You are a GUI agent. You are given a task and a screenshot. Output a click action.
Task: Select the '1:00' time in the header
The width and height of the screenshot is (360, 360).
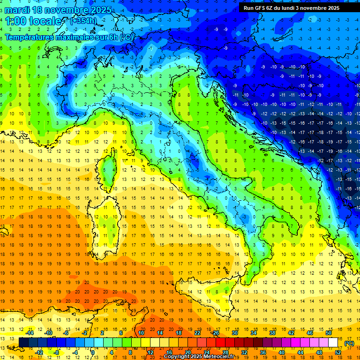[x=15, y=22]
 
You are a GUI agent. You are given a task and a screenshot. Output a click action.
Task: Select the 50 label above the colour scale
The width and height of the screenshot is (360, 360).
[x=329, y=333]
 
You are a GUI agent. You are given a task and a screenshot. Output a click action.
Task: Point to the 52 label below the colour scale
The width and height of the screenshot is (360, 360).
[x=338, y=352]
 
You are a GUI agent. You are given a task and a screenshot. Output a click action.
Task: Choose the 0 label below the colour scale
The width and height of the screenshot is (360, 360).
[x=93, y=352]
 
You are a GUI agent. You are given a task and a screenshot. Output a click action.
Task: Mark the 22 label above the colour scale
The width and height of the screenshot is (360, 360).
[x=197, y=333]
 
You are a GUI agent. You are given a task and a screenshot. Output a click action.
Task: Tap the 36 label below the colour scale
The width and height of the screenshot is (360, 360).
[x=263, y=352]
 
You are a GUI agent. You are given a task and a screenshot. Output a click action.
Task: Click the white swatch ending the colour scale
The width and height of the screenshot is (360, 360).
[x=333, y=343]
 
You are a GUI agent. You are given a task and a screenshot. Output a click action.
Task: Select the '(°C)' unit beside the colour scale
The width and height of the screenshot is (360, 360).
[x=349, y=343]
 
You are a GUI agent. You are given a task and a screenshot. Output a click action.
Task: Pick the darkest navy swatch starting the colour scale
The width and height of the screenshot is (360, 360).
[x=23, y=343]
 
